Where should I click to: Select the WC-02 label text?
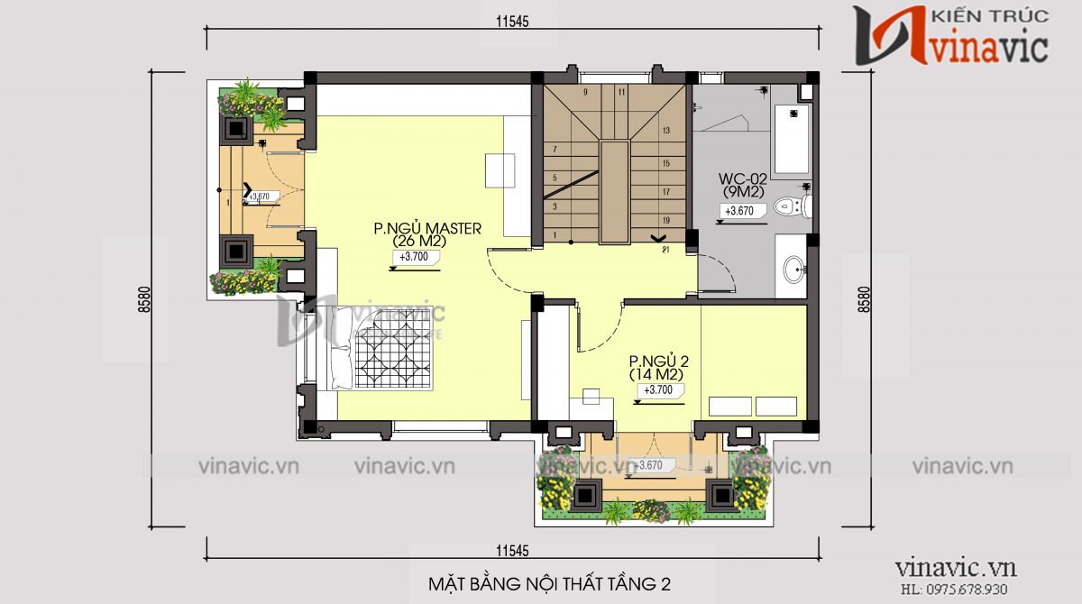[742, 178]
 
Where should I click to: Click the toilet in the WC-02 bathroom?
[792, 207]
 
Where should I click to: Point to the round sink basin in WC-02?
[793, 268]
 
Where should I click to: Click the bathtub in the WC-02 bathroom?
[792, 140]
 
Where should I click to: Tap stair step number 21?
[665, 250]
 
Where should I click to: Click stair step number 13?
[665, 131]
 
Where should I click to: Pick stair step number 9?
[585, 92]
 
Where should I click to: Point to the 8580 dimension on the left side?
[144, 299]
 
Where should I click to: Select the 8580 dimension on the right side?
[865, 299]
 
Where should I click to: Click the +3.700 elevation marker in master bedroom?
[413, 257]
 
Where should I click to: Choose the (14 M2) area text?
[656, 373]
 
